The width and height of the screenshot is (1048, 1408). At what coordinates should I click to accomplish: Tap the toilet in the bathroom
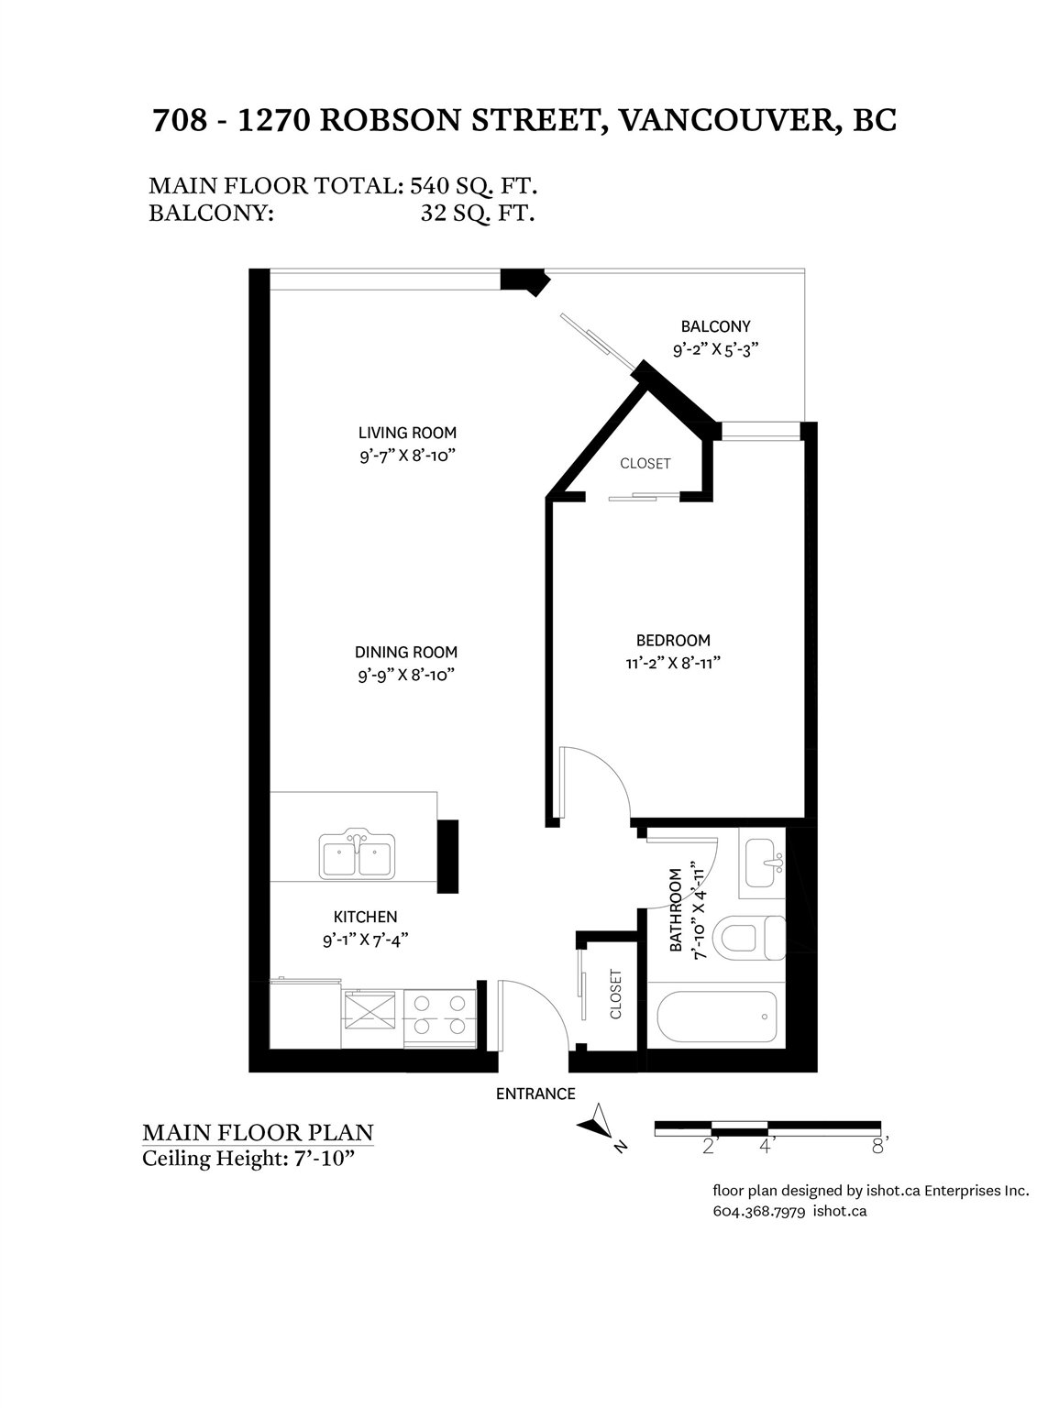pyautogui.click(x=749, y=938)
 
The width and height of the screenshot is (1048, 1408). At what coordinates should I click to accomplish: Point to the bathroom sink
pyautogui.click(x=764, y=863)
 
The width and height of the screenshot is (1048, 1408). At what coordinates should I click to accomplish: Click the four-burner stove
pyautogui.click(x=440, y=1017)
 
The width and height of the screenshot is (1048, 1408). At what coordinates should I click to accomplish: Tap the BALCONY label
pyautogui.click(x=715, y=326)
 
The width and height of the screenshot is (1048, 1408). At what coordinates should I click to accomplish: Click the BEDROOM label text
pyautogui.click(x=673, y=640)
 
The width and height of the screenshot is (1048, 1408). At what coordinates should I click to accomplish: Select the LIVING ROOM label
pyautogui.click(x=407, y=433)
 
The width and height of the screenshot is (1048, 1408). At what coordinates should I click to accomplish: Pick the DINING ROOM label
pyautogui.click(x=406, y=652)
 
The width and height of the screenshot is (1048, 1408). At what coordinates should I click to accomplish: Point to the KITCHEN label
pyautogui.click(x=365, y=917)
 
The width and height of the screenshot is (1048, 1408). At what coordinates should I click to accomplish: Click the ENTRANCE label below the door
pyautogui.click(x=535, y=1094)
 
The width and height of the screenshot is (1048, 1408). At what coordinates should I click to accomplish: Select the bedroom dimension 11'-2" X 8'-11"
pyautogui.click(x=673, y=664)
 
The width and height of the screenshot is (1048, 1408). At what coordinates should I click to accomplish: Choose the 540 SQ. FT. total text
pyautogui.click(x=473, y=186)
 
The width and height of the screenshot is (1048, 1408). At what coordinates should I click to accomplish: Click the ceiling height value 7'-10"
pyautogui.click(x=324, y=1159)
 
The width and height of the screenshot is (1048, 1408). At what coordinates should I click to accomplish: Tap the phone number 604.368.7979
pyautogui.click(x=759, y=1211)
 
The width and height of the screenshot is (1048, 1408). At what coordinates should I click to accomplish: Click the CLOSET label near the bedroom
pyautogui.click(x=645, y=464)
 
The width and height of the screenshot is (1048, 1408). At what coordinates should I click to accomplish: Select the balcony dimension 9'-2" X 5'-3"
pyautogui.click(x=716, y=350)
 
